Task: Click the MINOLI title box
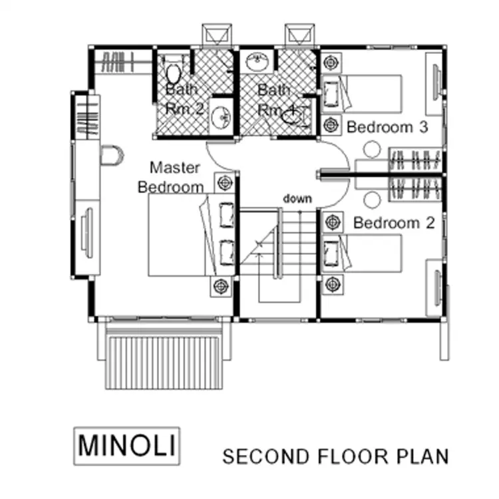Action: pyautogui.click(x=127, y=446)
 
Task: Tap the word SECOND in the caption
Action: pyautogui.click(x=265, y=456)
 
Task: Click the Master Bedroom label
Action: pyautogui.click(x=171, y=177)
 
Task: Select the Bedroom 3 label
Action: pyautogui.click(x=387, y=127)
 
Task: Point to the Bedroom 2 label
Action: pyautogui.click(x=394, y=223)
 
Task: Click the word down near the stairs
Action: pyautogui.click(x=297, y=198)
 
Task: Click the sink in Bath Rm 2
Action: pyautogui.click(x=220, y=117)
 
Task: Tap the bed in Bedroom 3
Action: pyautogui.click(x=362, y=94)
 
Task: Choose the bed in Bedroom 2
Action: pyautogui.click(x=362, y=253)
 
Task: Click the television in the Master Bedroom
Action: pyautogui.click(x=87, y=233)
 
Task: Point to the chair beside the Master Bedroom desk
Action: pyautogui.click(x=112, y=155)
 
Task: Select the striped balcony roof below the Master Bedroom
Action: pyautogui.click(x=164, y=359)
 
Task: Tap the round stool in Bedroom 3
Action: pyautogui.click(x=372, y=150)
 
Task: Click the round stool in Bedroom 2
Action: pyautogui.click(x=372, y=200)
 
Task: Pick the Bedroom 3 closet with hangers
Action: pyautogui.click(x=415, y=160)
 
